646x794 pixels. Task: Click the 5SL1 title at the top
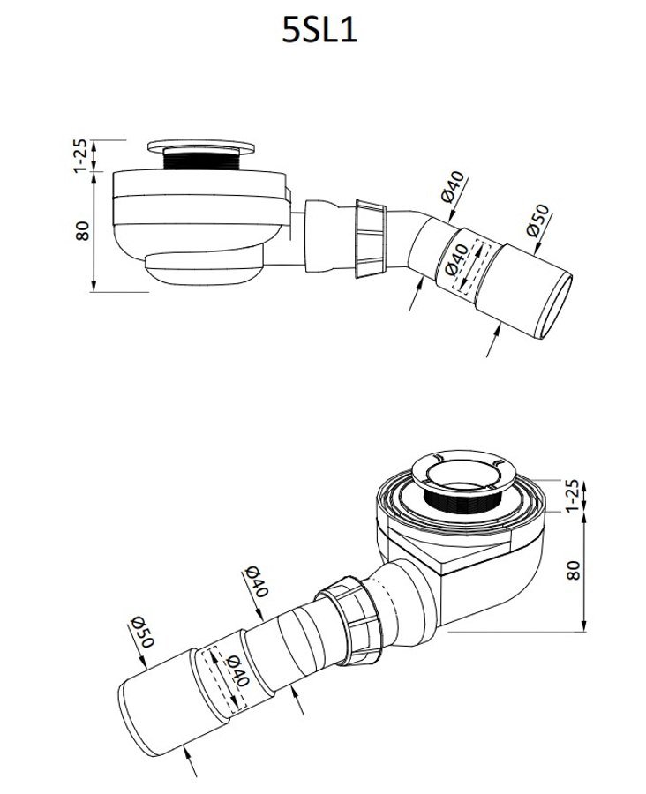click(x=319, y=31)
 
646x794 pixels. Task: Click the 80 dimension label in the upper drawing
click(x=83, y=231)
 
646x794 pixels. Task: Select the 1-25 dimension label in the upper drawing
click(x=80, y=156)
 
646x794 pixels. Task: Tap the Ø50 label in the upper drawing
click(x=537, y=221)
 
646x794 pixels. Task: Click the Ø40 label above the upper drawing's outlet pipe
click(x=453, y=187)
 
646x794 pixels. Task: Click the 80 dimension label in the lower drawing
click(x=573, y=570)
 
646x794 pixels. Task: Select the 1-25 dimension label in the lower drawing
click(x=572, y=495)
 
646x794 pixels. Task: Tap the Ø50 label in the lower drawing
click(x=142, y=632)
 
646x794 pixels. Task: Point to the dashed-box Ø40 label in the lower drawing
click(x=237, y=670)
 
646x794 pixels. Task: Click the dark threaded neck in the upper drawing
click(x=201, y=159)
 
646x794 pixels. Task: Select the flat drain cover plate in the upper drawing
click(x=201, y=146)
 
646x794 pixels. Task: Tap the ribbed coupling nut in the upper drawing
click(x=372, y=239)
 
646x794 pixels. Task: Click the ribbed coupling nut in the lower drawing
click(x=349, y=620)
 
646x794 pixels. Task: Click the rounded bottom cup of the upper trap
click(x=204, y=268)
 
